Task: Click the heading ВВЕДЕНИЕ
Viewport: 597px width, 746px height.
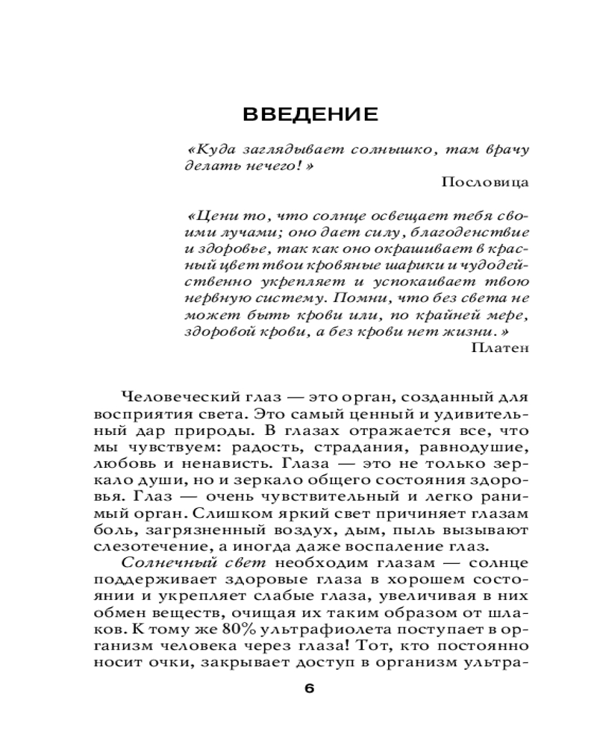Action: (310, 116)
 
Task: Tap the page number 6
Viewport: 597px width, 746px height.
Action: (310, 688)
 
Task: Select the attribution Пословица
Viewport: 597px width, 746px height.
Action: (484, 181)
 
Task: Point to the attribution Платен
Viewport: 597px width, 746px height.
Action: (501, 346)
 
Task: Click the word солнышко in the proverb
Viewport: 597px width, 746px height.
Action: (393, 148)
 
